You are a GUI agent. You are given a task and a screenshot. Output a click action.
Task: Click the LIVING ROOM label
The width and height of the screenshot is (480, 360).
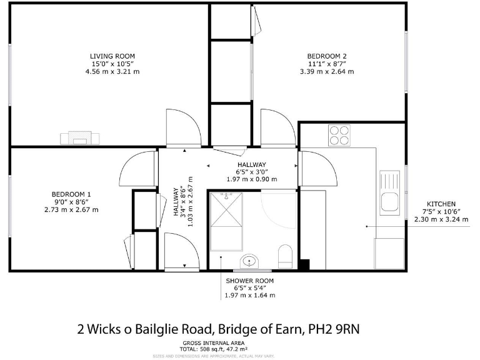[112, 56]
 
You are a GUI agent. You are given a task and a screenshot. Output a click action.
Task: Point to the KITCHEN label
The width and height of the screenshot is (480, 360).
[441, 204]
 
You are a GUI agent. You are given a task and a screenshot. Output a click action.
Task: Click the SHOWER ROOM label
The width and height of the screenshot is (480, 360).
[249, 281]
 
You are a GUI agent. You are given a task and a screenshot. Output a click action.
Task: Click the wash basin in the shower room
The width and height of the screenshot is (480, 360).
[249, 261]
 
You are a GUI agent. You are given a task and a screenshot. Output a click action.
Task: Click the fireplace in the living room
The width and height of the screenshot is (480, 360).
[79, 137]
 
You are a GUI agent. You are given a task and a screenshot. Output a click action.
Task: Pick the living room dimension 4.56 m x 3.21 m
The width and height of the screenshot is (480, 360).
[112, 72]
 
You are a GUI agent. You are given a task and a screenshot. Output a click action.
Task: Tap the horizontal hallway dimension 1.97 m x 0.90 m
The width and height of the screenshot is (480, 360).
[251, 179]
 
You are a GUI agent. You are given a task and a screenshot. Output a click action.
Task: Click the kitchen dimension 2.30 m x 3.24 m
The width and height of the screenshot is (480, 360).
[441, 219]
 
